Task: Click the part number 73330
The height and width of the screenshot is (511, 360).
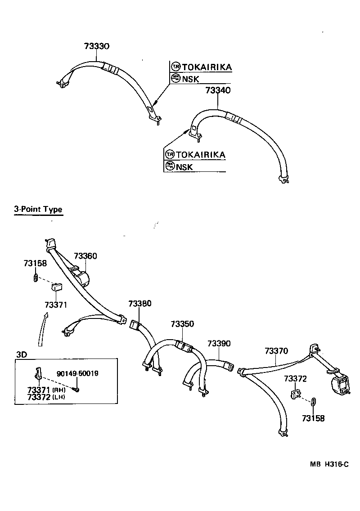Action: coord(97,46)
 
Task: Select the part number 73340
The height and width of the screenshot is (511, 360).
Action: coord(218,90)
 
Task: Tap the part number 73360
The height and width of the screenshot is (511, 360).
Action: coord(85,256)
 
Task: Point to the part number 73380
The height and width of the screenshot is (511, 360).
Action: coord(139,304)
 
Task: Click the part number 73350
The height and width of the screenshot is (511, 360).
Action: coord(182,324)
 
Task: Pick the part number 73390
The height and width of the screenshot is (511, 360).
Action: coord(219,344)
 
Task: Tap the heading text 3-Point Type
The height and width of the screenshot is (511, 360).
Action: coord(38,209)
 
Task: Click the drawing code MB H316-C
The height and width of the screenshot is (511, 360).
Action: coord(328,465)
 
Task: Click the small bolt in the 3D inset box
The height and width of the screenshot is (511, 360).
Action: coord(77,389)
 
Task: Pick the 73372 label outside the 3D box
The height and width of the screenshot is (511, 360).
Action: coord(295,379)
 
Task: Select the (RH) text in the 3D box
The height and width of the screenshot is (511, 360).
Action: coord(59,390)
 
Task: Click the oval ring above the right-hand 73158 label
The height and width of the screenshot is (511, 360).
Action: coord(314,401)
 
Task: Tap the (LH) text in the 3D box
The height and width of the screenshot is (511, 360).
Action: coord(59,397)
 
